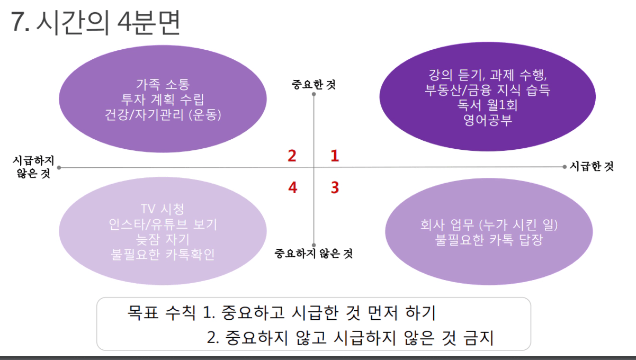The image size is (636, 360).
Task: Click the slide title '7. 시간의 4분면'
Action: coord(95,23)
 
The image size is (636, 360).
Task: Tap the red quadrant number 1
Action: coord(335,156)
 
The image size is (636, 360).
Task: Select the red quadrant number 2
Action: coord(292,156)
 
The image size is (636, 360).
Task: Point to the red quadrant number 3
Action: coord(335,187)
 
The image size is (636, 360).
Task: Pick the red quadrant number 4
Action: coord(293,187)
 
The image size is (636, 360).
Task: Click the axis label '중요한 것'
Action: coord(313,85)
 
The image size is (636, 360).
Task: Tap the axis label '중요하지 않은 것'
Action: coord(313,253)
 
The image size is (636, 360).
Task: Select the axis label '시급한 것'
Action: coord(592,166)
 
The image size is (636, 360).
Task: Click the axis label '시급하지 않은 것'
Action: coord(33,167)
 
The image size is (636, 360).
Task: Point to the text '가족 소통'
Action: coord(163,84)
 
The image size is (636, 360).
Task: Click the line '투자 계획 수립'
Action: coord(163,100)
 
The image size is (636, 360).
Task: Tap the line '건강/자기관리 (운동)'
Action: coord(163,115)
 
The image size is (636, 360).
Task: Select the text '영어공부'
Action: coord(488,120)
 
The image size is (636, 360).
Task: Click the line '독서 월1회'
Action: coord(488,105)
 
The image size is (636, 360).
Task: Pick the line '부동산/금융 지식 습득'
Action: coord(488,90)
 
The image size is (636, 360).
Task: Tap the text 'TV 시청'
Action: coord(163,209)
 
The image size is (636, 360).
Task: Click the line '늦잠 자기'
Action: coord(163,239)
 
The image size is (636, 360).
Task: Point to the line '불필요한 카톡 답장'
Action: coord(489,240)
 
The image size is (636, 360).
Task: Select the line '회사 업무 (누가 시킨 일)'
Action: coord(489,225)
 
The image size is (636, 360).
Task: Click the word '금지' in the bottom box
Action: coord(478,338)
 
